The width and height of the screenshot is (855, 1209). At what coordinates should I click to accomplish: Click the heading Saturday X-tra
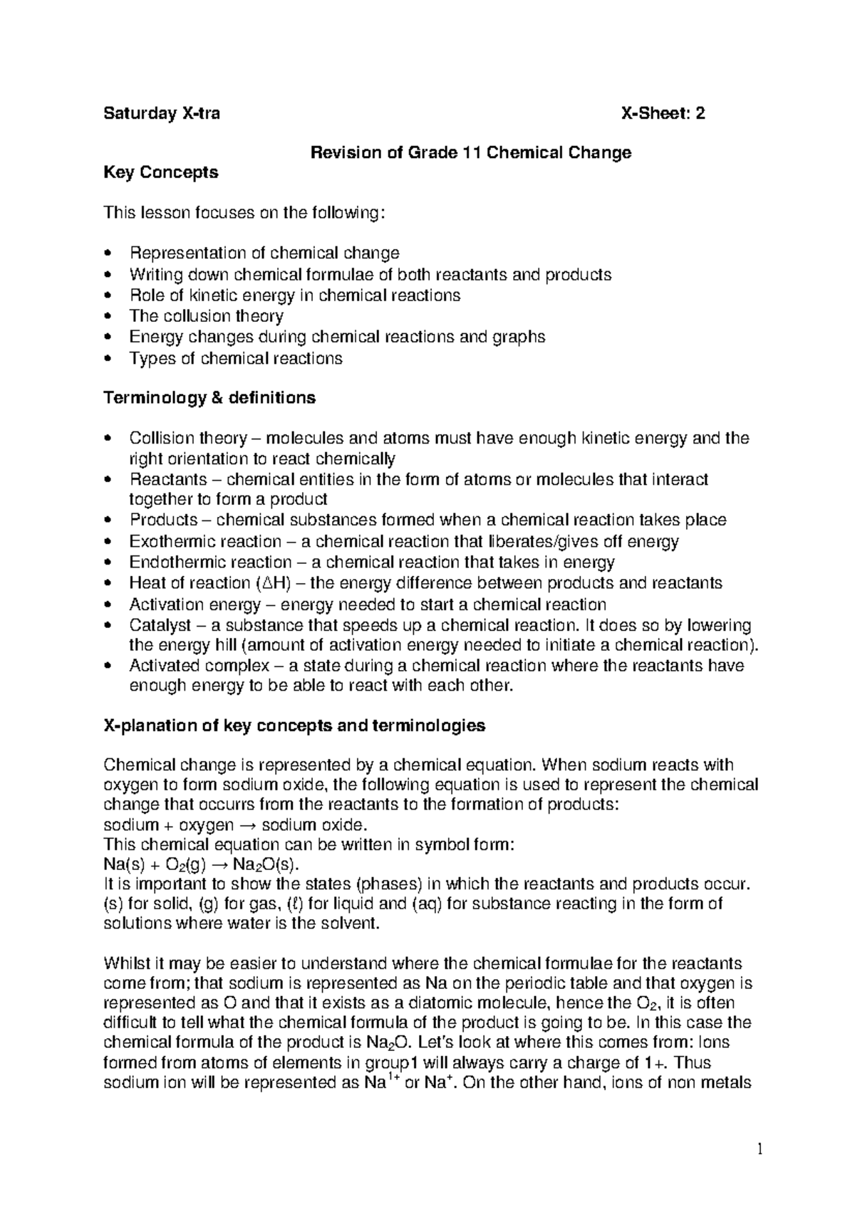(x=162, y=114)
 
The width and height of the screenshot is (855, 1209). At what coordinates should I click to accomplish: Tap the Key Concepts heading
(x=161, y=172)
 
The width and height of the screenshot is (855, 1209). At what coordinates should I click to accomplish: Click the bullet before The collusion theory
(x=108, y=316)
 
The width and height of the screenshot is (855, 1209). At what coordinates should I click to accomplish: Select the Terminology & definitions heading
(x=209, y=397)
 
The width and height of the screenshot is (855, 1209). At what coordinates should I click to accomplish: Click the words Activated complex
(x=187, y=666)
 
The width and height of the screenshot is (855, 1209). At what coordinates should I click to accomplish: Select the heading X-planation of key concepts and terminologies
(x=294, y=726)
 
